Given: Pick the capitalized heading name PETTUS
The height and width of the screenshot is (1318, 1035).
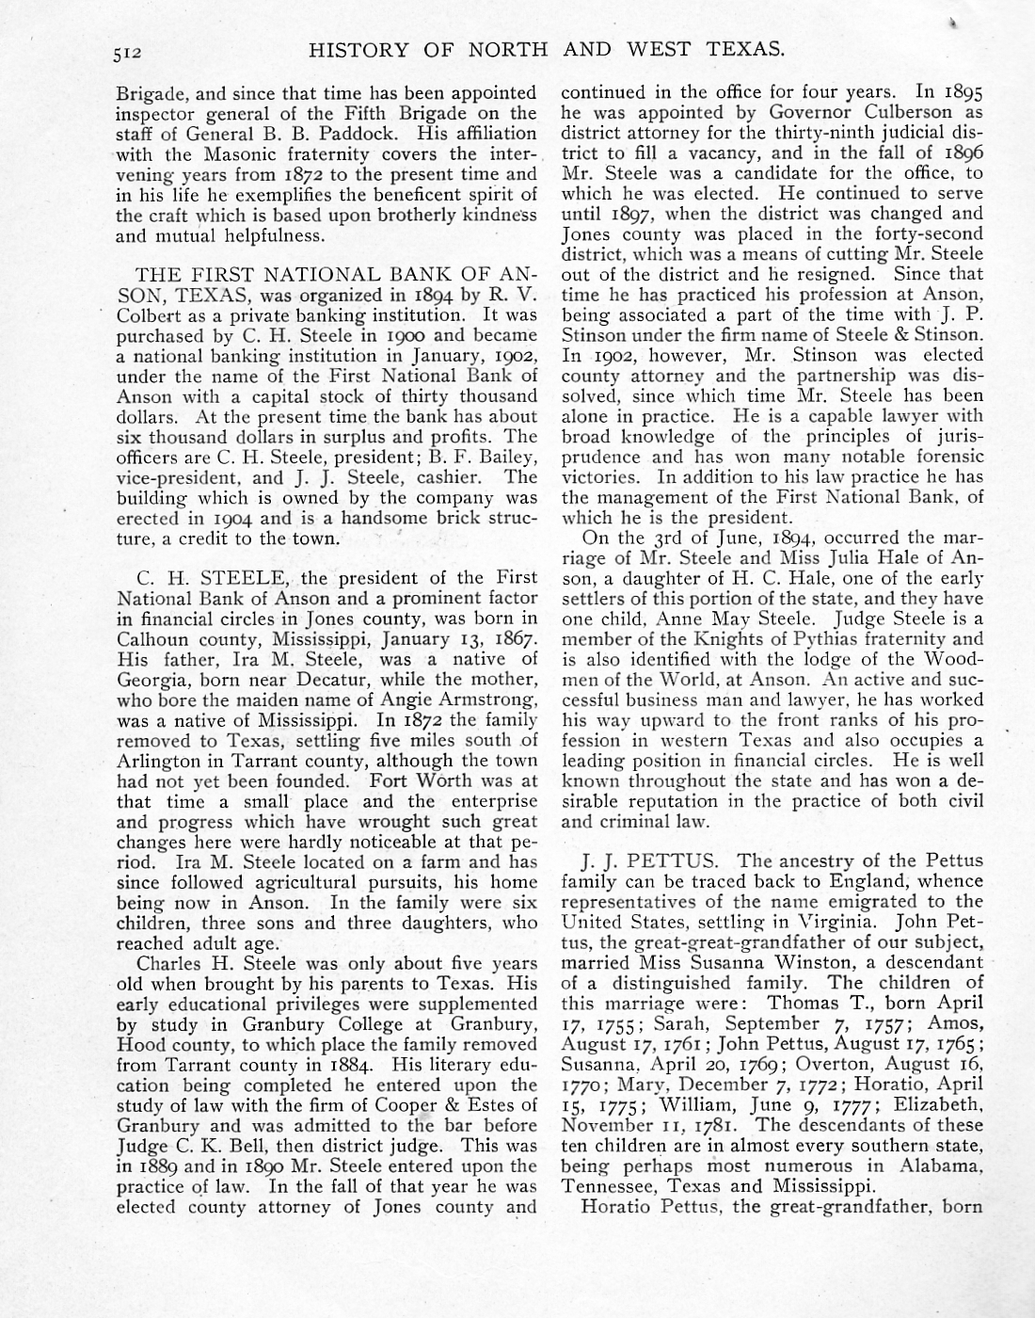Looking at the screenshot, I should click(676, 860).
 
